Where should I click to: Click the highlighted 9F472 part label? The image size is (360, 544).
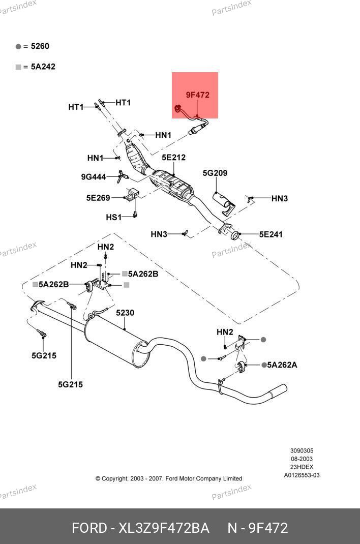(197, 95)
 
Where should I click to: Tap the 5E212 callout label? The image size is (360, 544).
(173, 158)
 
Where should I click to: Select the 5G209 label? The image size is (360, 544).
(215, 173)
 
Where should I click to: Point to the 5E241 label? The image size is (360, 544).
(271, 234)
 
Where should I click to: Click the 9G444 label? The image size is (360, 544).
(93, 177)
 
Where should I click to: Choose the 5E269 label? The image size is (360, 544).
(98, 198)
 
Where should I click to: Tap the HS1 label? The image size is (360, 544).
(113, 217)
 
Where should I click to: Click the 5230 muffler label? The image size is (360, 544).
(125, 313)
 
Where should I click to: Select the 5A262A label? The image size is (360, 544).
(282, 365)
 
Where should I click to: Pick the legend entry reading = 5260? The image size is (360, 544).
(36, 46)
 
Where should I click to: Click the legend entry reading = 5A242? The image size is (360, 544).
(39, 67)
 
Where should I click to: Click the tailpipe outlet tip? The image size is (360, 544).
(279, 391)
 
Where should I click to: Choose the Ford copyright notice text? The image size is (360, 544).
(168, 478)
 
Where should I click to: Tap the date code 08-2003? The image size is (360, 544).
(302, 459)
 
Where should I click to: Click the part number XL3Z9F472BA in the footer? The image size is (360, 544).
(164, 528)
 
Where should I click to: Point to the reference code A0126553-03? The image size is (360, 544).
(302, 475)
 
